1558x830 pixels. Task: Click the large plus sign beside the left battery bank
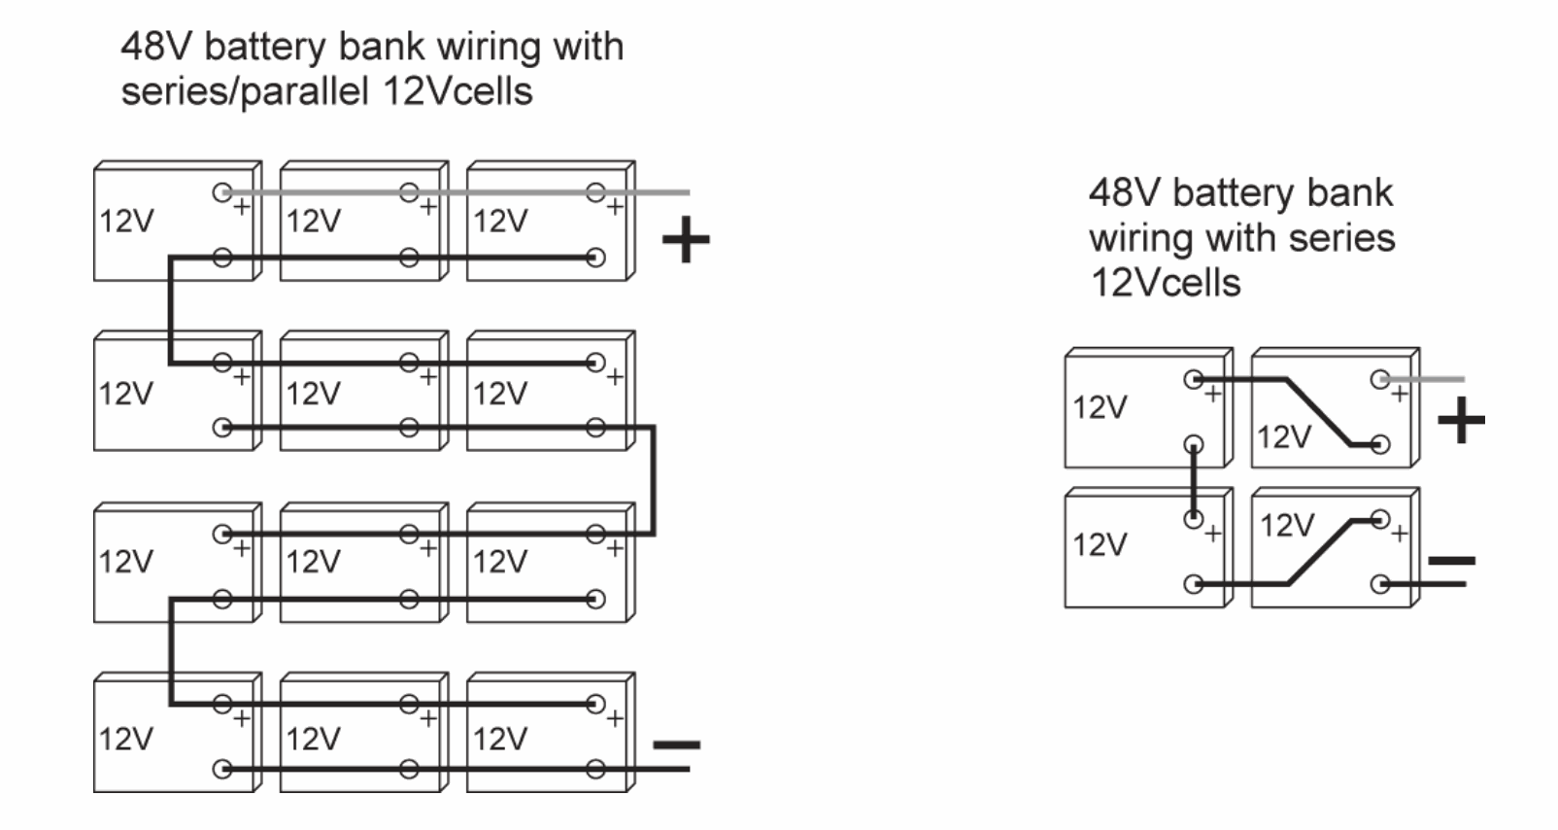click(686, 239)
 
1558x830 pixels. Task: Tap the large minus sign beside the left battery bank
click(676, 745)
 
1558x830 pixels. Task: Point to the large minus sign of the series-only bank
click(1452, 561)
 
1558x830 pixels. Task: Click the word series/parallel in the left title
click(245, 91)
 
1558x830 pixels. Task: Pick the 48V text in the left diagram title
click(155, 47)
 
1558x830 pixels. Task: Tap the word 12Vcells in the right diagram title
click(1166, 283)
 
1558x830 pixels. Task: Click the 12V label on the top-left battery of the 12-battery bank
click(126, 221)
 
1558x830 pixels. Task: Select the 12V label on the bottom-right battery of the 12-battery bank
click(499, 739)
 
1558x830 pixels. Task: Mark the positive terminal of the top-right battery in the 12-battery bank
click(595, 192)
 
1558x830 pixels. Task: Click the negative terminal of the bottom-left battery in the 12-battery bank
click(222, 770)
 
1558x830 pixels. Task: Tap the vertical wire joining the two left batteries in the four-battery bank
click(1194, 482)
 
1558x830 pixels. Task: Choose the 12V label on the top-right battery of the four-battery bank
click(1284, 437)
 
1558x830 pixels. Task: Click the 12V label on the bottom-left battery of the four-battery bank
click(1100, 544)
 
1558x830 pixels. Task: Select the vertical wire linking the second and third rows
click(654, 480)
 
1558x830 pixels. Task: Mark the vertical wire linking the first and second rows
click(170, 311)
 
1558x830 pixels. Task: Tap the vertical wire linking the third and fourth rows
click(171, 651)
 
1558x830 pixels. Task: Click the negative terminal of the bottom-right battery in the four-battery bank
click(1379, 584)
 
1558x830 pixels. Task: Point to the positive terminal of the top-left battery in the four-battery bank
click(1194, 379)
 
